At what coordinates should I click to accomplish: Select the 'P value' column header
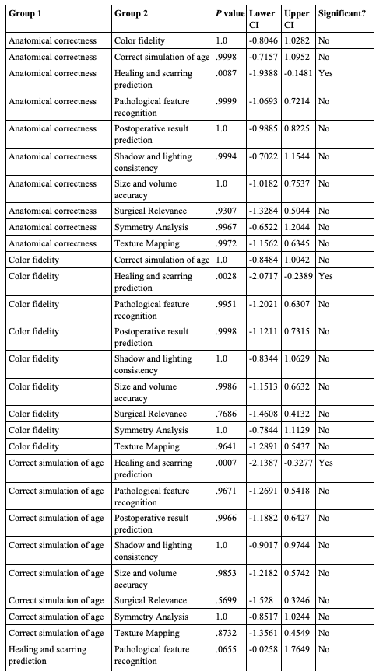pyautogui.click(x=230, y=14)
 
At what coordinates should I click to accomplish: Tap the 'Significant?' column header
pyautogui.click(x=344, y=14)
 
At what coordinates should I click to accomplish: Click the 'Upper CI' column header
pyautogui.click(x=297, y=19)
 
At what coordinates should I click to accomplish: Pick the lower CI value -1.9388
pyautogui.click(x=265, y=72)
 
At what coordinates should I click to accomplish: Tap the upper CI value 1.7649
pyautogui.click(x=299, y=649)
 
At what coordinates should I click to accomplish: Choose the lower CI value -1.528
pyautogui.click(x=262, y=600)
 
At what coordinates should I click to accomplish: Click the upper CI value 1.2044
pyautogui.click(x=299, y=227)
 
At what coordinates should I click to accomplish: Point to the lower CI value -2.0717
pyautogui.click(x=265, y=276)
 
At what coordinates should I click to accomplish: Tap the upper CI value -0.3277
pyautogui.click(x=299, y=463)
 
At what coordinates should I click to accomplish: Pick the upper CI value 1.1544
pyautogui.click(x=299, y=156)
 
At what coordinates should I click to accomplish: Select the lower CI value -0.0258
pyautogui.click(x=265, y=649)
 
